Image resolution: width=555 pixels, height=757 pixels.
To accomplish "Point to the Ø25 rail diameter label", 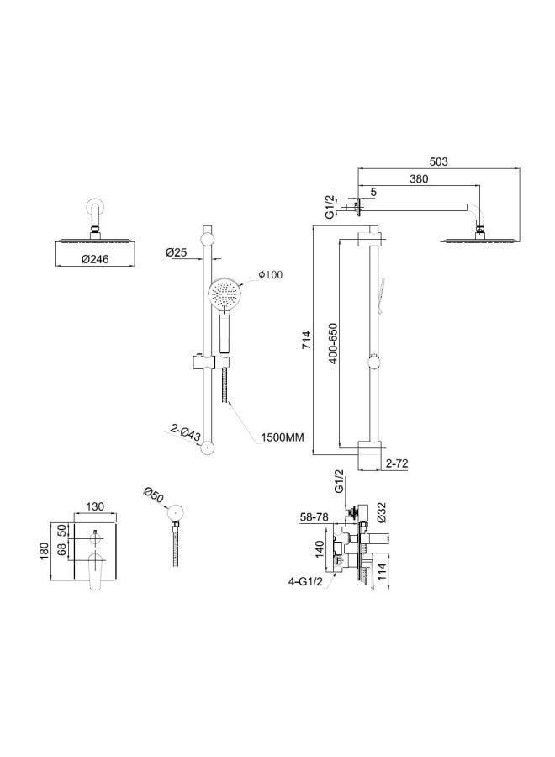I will tap(176, 251).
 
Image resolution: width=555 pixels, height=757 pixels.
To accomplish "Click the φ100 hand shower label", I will tap(271, 274).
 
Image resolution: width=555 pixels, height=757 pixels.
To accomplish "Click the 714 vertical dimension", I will tap(308, 340).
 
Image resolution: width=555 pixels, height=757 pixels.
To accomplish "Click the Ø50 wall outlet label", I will tap(153, 495).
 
